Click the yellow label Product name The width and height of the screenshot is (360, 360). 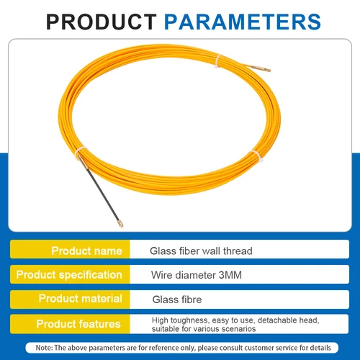(86, 251)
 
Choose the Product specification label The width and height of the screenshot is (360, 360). (69, 274)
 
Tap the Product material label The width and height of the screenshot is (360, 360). (80, 298)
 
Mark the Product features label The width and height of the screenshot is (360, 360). (78, 323)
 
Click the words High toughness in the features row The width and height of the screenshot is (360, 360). (173, 319)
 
